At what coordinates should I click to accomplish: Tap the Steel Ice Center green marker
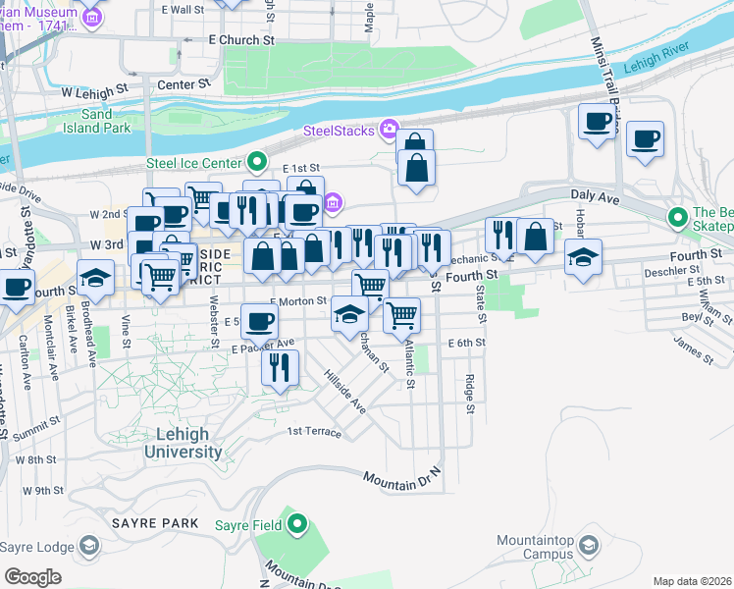click(x=258, y=162)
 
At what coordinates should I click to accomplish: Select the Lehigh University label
click(x=183, y=444)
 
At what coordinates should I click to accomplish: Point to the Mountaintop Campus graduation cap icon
click(x=589, y=545)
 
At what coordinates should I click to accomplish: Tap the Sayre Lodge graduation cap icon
click(x=89, y=545)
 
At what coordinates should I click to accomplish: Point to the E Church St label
click(x=241, y=40)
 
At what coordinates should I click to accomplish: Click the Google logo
click(x=32, y=576)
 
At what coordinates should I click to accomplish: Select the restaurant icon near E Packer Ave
click(x=280, y=368)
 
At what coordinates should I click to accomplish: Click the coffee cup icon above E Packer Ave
click(x=259, y=320)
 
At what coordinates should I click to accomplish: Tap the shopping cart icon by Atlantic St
click(x=401, y=315)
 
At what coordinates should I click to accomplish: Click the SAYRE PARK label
click(x=155, y=523)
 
